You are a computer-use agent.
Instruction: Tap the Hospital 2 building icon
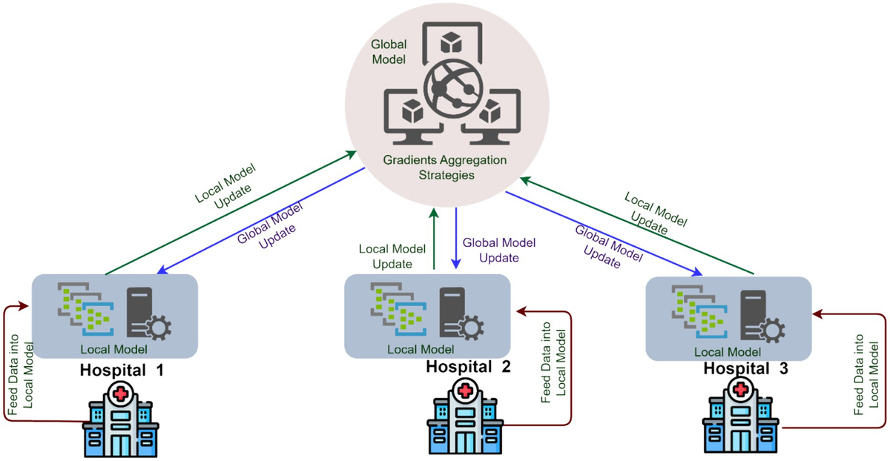point(465,418)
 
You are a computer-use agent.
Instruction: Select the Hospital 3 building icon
point(739,419)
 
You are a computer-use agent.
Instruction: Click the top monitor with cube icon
point(450,44)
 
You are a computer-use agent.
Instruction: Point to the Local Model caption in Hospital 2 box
point(421,349)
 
